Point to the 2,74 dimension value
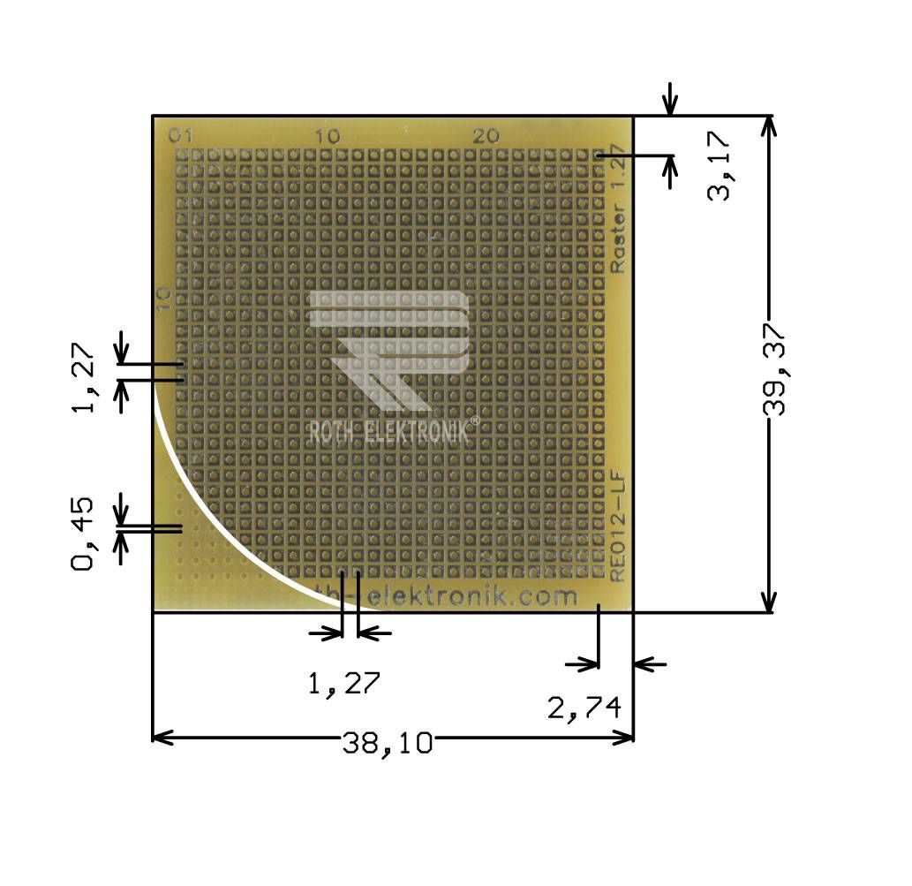(584, 708)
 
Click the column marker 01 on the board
(180, 136)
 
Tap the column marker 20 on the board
(486, 136)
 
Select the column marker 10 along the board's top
(327, 136)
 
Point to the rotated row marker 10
(162, 299)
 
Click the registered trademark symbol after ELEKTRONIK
(475, 421)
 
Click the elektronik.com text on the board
(468, 597)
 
